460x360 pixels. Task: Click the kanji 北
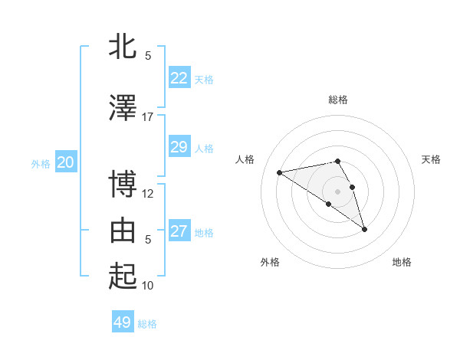click(x=123, y=47)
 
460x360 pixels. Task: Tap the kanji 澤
click(x=123, y=109)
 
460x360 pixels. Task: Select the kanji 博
click(x=123, y=185)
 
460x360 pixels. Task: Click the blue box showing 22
click(x=179, y=77)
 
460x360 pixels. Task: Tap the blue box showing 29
click(x=179, y=146)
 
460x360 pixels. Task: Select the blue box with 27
click(x=179, y=231)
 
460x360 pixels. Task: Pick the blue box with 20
click(x=66, y=162)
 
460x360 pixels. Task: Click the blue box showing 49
click(x=123, y=322)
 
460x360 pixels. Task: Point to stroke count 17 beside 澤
click(x=147, y=117)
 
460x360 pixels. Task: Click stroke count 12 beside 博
click(x=147, y=194)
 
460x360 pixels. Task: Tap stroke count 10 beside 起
click(x=147, y=286)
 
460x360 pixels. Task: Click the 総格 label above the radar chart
click(x=338, y=100)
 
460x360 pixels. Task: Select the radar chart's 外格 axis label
click(x=270, y=263)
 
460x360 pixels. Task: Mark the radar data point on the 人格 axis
click(x=280, y=172)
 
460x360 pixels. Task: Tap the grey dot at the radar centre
click(x=338, y=190)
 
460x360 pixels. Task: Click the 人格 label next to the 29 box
click(x=204, y=148)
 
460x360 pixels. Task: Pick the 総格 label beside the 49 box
click(x=147, y=324)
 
